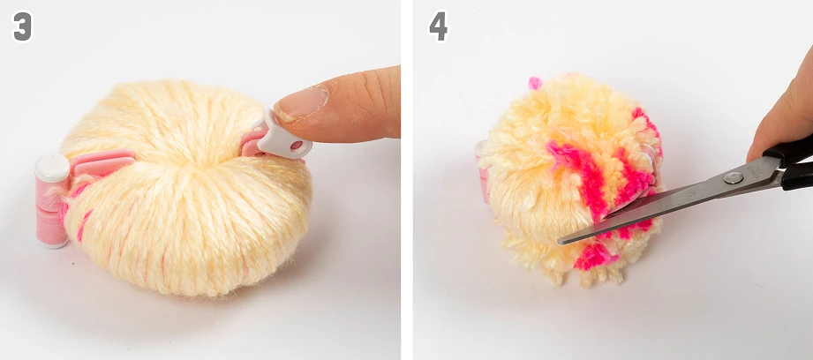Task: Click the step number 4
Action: pos(438,26)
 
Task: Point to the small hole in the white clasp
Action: pos(297,146)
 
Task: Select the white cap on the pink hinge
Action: pos(52,168)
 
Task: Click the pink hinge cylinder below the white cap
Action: pos(51,213)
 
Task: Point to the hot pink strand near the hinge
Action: pos(83,226)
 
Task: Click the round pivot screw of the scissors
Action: pos(733,177)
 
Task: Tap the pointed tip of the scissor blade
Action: pos(560,242)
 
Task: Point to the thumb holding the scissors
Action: pos(780,111)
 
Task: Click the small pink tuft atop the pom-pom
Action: pos(535,82)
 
